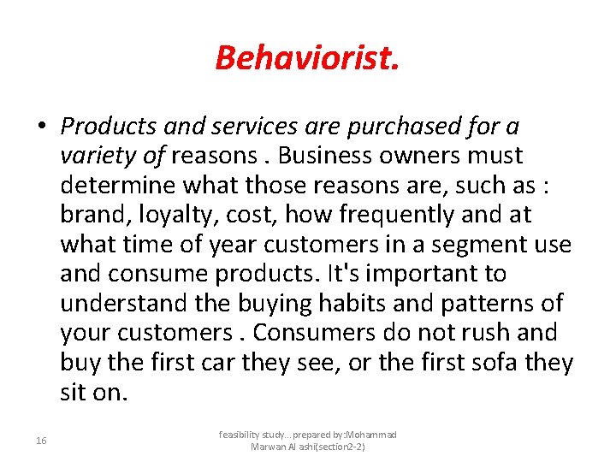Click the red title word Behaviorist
coord(307,58)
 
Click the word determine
coord(114,186)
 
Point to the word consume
coord(179,275)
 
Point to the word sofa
coord(501,363)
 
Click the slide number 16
coord(42,441)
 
